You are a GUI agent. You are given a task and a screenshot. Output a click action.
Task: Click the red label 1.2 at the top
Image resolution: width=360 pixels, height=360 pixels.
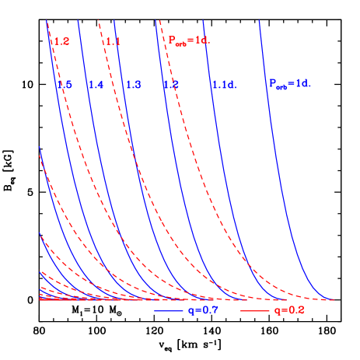click(61, 41)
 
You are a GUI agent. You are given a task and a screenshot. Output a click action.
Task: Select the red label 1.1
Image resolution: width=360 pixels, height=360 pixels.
click(114, 41)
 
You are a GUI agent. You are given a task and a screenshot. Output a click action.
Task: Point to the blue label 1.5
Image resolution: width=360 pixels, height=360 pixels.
click(65, 84)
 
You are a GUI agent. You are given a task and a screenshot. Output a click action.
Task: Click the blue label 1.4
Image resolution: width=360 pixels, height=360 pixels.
click(96, 84)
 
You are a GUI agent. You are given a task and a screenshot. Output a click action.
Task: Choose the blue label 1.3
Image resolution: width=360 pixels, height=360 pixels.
click(133, 84)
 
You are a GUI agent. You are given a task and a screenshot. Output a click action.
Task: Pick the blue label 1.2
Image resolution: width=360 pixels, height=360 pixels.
click(171, 84)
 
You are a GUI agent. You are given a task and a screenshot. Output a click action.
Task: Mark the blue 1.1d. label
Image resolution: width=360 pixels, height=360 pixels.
click(223, 84)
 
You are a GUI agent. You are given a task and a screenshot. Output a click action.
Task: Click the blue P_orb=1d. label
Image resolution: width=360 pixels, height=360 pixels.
click(290, 82)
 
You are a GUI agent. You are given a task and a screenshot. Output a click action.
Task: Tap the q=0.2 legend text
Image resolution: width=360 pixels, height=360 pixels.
click(288, 310)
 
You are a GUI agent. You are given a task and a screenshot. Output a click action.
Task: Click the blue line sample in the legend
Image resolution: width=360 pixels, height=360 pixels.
click(168, 310)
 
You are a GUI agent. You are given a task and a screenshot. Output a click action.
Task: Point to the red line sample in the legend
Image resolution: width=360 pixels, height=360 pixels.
click(254, 310)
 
